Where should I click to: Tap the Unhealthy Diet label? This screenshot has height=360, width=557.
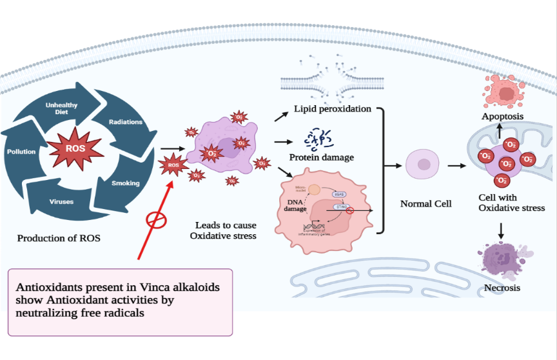point(61,108)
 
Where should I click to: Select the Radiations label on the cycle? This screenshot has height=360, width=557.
point(126,122)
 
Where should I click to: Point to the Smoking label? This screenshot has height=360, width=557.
point(125,183)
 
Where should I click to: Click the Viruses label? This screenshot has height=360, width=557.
point(62,201)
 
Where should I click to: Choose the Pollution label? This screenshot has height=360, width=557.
point(21,152)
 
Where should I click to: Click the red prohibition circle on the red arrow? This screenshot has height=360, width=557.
point(155,220)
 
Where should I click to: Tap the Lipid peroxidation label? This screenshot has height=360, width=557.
point(333,108)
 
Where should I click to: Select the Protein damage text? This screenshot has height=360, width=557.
point(321,157)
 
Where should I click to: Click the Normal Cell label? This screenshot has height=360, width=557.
point(426,204)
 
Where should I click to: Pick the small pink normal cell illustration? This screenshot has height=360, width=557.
point(423,165)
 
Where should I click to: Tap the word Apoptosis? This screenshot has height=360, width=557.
point(502,116)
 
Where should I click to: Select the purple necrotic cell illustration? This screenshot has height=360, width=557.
point(503,260)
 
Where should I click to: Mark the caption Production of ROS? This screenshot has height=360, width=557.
point(59,238)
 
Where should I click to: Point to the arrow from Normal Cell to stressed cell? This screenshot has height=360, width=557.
point(457,166)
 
